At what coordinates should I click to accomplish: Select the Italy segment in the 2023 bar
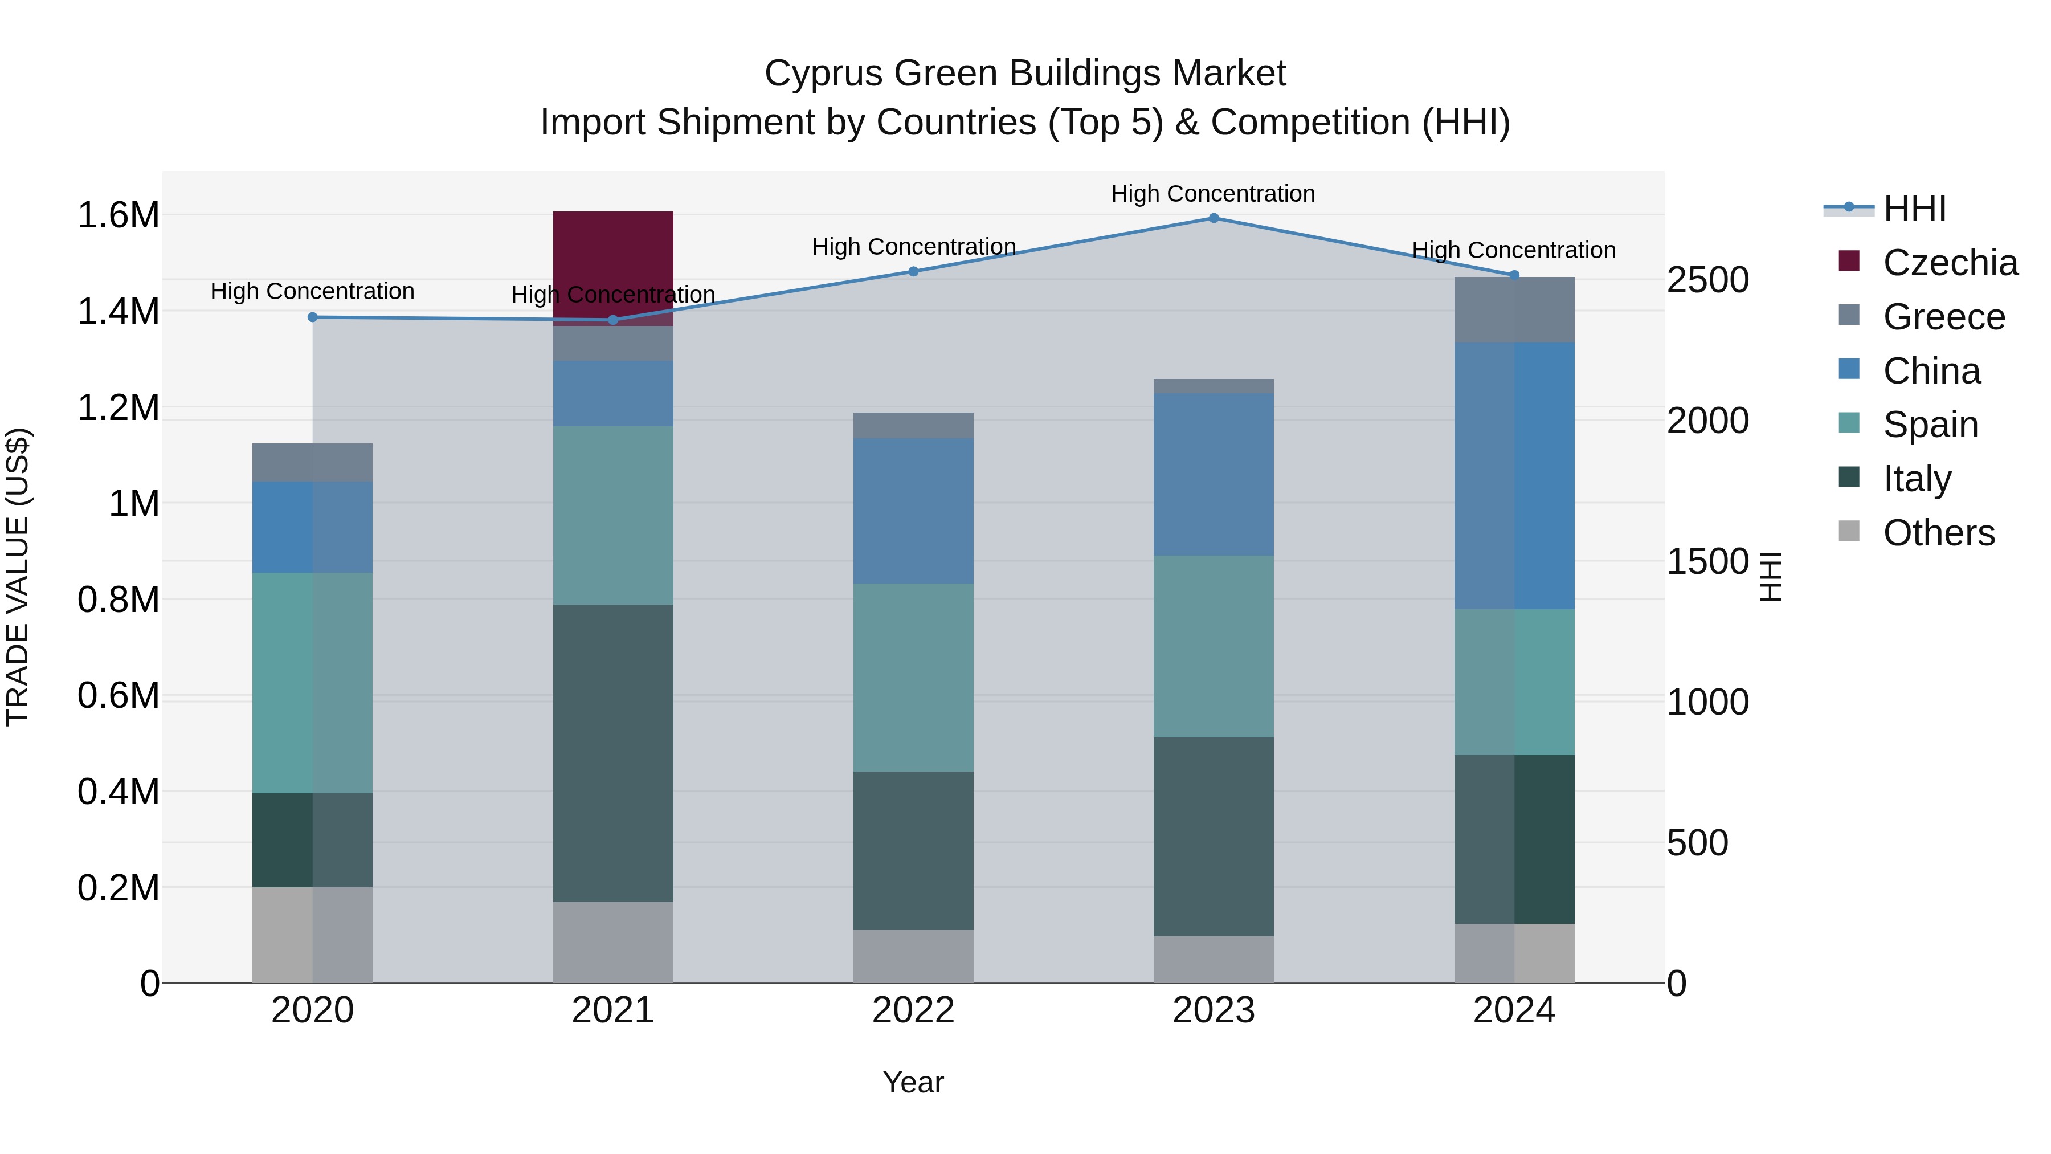coord(1214,836)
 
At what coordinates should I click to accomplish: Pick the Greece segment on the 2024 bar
coord(1514,310)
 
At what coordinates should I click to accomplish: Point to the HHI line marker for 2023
coord(1214,218)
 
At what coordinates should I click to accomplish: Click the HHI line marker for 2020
coord(313,317)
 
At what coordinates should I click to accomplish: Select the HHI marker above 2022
coord(913,272)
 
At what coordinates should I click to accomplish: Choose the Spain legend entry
coord(1930,425)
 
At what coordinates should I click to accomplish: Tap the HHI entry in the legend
coord(1914,209)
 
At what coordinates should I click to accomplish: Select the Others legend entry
coord(1938,533)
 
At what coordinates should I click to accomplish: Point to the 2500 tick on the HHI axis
coord(1708,280)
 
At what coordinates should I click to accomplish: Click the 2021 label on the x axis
coord(613,1010)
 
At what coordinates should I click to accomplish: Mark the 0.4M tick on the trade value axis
coord(118,792)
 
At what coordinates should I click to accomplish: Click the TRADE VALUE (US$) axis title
coord(18,577)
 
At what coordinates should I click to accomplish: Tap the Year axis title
coord(913,1082)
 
